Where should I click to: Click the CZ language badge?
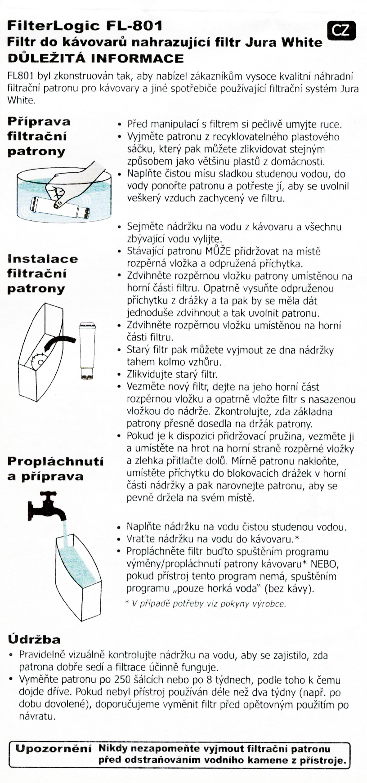[341, 30]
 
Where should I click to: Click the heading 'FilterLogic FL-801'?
[85, 26]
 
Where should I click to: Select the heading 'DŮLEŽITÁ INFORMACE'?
[95, 58]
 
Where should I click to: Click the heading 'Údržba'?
[34, 639]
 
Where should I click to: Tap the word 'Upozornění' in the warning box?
[54, 749]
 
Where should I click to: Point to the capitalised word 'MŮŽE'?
[219, 251]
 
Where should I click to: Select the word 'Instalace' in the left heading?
[43, 259]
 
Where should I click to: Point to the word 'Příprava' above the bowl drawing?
[39, 121]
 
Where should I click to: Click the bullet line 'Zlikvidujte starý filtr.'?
[172, 374]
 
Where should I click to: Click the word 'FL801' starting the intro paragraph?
[21, 76]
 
